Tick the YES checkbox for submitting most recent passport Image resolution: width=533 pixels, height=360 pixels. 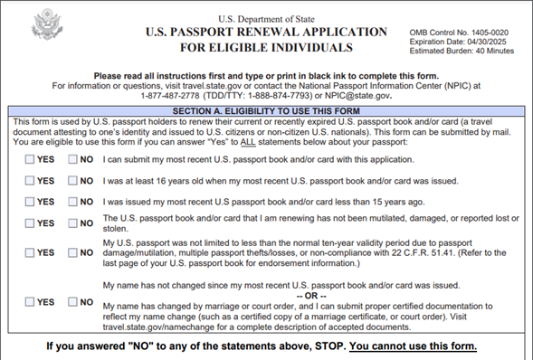[x=30, y=159]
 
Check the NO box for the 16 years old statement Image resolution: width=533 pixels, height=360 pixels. [x=73, y=181]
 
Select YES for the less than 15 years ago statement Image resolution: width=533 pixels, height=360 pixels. [x=30, y=202]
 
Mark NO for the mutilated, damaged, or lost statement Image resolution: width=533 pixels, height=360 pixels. [x=73, y=223]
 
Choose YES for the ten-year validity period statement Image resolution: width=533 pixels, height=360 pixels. [x=30, y=252]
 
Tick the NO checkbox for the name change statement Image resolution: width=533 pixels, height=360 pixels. [x=73, y=301]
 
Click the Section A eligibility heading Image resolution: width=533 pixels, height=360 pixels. [x=265, y=110]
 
